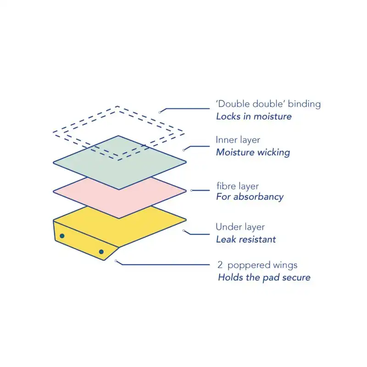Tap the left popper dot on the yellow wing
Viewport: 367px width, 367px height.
pyautogui.click(x=62, y=236)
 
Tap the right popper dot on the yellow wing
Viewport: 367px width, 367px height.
pyautogui.click(x=101, y=252)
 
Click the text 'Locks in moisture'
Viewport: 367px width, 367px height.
pyautogui.click(x=254, y=116)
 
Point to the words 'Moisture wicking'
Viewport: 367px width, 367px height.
pyautogui.click(x=253, y=152)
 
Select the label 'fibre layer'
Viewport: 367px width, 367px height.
pyautogui.click(x=237, y=186)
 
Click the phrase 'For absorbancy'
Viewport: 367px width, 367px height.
pyautogui.click(x=250, y=197)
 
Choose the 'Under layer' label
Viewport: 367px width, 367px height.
pyautogui.click(x=240, y=227)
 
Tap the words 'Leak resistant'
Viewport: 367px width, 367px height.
pyautogui.click(x=246, y=239)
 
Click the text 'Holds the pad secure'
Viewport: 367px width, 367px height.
pyautogui.click(x=264, y=277)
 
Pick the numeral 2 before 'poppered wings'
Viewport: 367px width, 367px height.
pyautogui.click(x=220, y=265)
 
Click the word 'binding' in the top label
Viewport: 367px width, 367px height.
pyautogui.click(x=305, y=104)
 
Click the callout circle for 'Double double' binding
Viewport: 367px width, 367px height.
pyautogui.click(x=160, y=111)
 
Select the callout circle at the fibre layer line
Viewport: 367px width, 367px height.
pyautogui.click(x=191, y=190)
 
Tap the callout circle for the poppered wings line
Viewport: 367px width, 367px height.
pyautogui.click(x=117, y=261)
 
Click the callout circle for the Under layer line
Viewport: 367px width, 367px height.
pyautogui.click(x=184, y=231)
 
